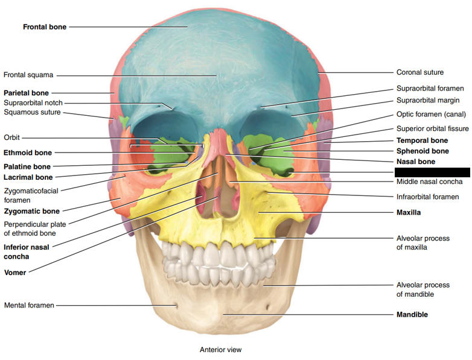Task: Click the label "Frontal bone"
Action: (x=45, y=27)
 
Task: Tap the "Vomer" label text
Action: (x=15, y=273)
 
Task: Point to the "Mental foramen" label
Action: (x=29, y=305)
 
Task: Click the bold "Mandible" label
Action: (x=412, y=315)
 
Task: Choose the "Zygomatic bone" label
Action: (x=32, y=211)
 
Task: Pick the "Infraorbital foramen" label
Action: (x=427, y=197)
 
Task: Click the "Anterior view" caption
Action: (x=220, y=349)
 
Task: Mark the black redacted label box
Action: (x=432, y=172)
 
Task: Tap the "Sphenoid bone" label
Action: (x=423, y=151)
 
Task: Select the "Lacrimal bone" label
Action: (x=28, y=177)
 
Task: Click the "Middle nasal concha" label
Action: (x=429, y=182)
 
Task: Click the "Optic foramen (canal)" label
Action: (x=431, y=114)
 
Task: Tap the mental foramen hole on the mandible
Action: (x=176, y=306)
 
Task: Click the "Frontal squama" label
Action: (x=28, y=75)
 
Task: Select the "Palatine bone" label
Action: (x=27, y=166)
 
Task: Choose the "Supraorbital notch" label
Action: (x=33, y=103)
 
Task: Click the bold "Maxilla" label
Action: (x=409, y=212)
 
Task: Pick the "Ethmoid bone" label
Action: (x=28, y=153)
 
